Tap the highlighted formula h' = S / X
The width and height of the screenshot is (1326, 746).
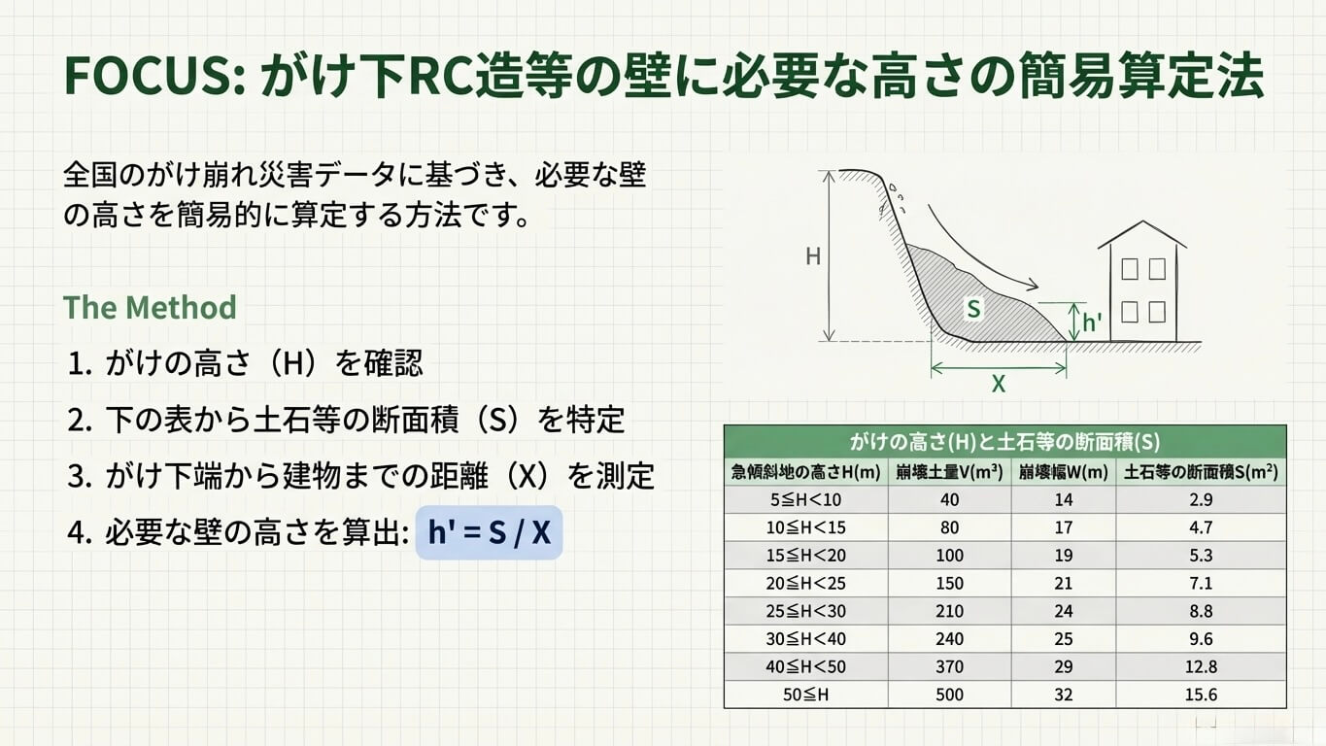[489, 532]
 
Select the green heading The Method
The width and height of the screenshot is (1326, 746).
[150, 308]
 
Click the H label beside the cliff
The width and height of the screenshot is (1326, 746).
[813, 256]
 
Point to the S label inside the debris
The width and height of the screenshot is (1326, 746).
[973, 309]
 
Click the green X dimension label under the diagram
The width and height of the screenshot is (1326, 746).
[998, 384]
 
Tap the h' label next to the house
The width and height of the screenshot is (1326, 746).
[1092, 322]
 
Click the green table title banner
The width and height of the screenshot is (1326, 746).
[1004, 442]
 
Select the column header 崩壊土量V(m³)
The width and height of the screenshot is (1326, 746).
[949, 473]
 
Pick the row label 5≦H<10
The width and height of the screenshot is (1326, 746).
[806, 500]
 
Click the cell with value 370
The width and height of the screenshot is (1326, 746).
[949, 667]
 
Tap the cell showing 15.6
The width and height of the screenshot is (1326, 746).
[1201, 695]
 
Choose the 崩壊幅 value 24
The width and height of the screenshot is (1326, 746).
[1064, 612]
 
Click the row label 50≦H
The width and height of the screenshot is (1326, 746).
[806, 695]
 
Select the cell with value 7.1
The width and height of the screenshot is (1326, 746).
[1201, 584]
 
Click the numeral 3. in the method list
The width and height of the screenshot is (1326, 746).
[79, 476]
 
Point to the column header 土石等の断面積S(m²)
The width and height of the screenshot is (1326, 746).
[1201, 473]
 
